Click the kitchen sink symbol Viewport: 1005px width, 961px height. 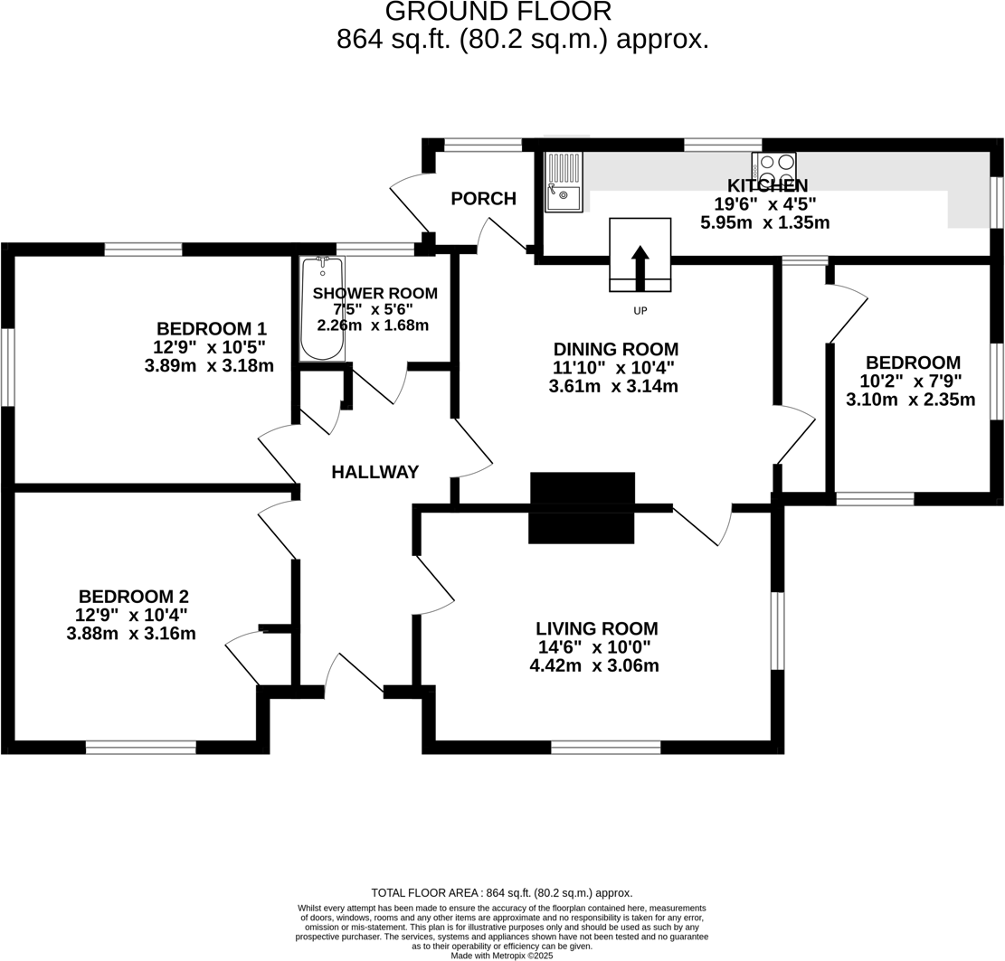(564, 182)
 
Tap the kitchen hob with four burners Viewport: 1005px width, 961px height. (773, 170)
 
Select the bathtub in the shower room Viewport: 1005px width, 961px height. (322, 309)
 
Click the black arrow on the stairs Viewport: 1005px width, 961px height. (640, 267)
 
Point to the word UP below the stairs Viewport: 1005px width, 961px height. (640, 311)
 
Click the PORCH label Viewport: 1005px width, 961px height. (483, 199)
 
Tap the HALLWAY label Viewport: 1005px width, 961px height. (375, 472)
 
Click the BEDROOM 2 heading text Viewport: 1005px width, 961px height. (133, 597)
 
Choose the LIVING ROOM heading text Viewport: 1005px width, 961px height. (596, 628)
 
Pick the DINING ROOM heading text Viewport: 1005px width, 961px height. (615, 349)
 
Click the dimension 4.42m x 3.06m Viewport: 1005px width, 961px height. (593, 666)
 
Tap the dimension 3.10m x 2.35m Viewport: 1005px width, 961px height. (910, 400)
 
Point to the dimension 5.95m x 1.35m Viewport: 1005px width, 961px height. (764, 222)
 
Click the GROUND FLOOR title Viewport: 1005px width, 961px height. (498, 12)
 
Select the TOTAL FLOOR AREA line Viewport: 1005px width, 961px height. (502, 893)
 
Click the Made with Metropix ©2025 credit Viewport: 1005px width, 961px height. (502, 956)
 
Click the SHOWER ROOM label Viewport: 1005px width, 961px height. (375, 294)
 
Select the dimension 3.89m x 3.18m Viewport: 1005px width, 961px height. (209, 366)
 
